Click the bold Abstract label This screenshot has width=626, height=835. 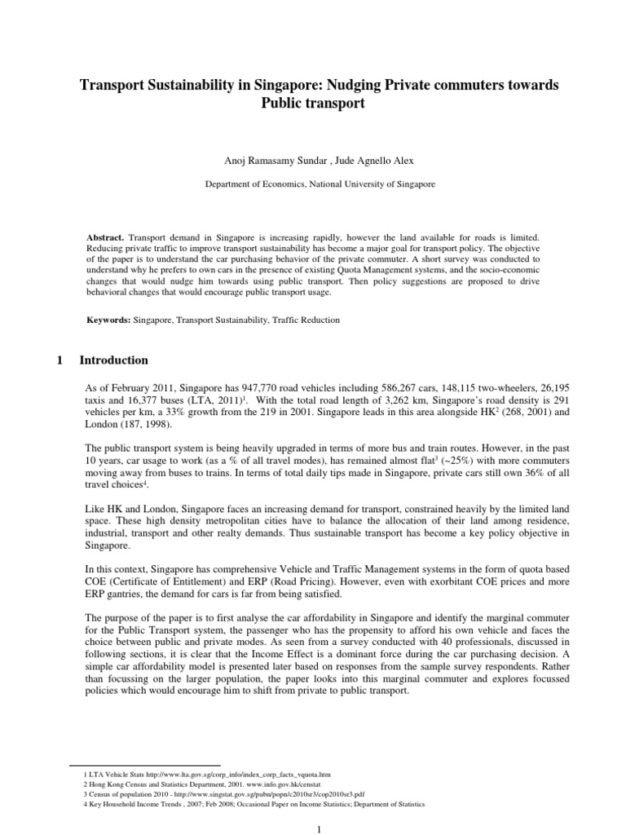(106, 234)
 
